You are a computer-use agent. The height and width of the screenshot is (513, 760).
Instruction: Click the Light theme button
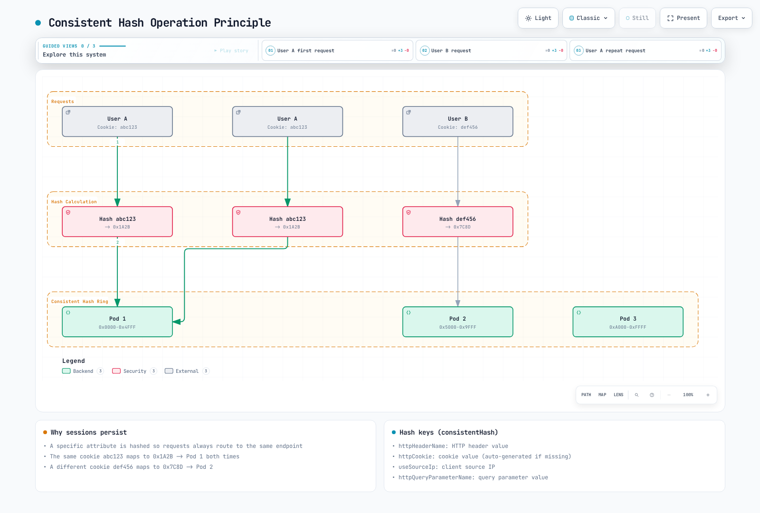tap(538, 18)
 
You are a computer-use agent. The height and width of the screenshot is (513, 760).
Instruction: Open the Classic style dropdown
tap(589, 18)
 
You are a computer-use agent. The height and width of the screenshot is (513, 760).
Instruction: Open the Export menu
tap(731, 18)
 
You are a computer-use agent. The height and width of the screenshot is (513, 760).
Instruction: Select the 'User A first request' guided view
tap(337, 50)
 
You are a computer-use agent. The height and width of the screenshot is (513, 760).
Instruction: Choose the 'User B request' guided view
tap(491, 50)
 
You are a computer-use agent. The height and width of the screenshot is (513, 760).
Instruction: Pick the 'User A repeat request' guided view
tap(646, 50)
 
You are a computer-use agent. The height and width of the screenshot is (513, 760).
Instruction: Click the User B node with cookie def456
tap(458, 122)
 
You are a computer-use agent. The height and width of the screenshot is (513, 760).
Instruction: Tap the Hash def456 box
tap(458, 221)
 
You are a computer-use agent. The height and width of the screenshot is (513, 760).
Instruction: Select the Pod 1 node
tap(117, 322)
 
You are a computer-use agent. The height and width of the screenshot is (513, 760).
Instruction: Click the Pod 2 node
tap(458, 322)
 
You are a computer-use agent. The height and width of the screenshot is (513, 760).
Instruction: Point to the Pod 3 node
tap(628, 322)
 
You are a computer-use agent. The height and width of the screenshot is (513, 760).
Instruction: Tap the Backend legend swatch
tap(66, 371)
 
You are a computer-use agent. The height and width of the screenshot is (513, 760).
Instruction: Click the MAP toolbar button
tap(602, 395)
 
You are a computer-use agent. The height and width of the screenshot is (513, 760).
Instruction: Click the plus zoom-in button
tap(708, 395)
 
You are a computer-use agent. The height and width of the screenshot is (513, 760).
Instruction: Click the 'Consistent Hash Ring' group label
tap(80, 301)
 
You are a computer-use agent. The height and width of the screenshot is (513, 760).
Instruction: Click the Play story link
tap(231, 50)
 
